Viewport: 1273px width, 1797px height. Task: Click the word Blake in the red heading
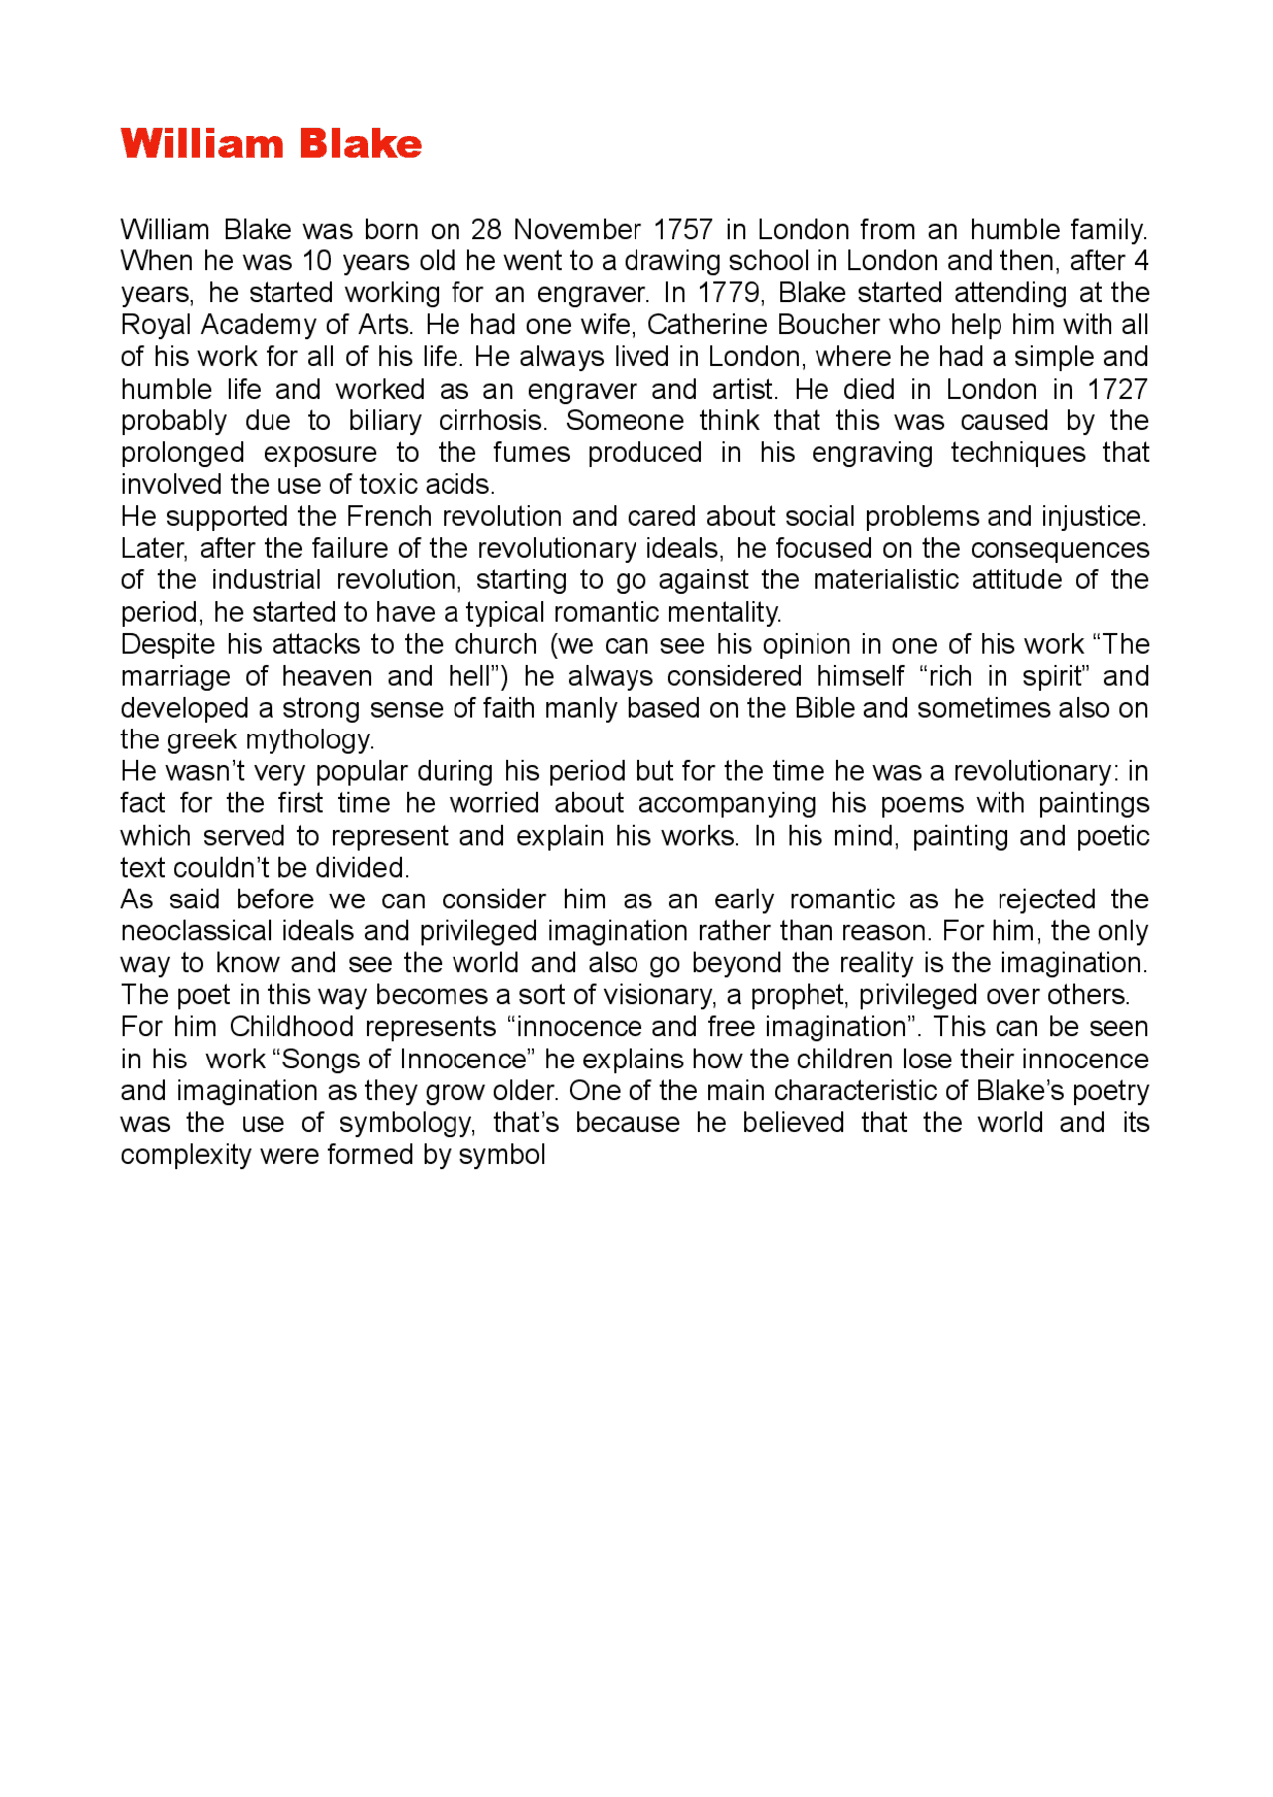[360, 144]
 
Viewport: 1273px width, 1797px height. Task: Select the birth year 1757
[682, 230]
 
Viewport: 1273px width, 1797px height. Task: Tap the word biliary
[384, 420]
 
